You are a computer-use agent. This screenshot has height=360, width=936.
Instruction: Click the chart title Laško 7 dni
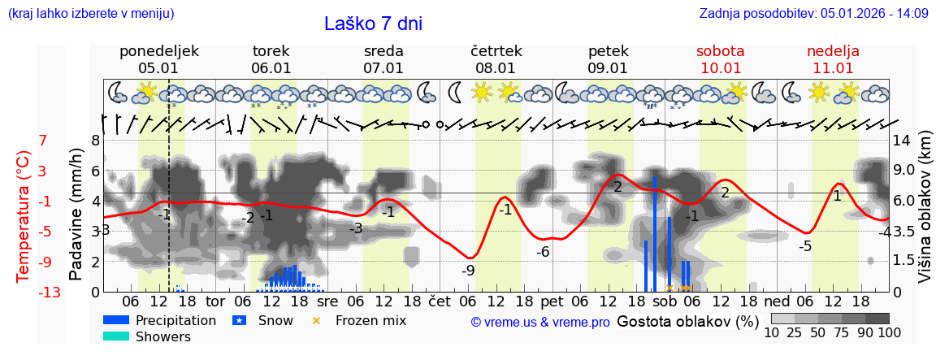(373, 24)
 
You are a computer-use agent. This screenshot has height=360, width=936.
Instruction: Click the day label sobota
(720, 51)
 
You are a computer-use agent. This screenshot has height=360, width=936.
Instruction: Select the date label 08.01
(496, 68)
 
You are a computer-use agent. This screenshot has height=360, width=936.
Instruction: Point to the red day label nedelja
(833, 51)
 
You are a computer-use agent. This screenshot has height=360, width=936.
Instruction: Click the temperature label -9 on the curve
(468, 271)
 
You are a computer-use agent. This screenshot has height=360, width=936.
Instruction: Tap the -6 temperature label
(543, 252)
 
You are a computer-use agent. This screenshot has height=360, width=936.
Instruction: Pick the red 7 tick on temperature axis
(42, 141)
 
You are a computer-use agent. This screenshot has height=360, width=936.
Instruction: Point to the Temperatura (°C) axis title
(24, 216)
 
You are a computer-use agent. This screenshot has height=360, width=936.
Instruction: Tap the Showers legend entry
(162, 336)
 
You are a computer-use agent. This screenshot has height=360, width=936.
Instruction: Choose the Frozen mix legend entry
(370, 320)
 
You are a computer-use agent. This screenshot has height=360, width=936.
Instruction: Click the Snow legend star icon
(239, 321)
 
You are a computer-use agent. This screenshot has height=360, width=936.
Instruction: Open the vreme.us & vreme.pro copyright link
(540, 322)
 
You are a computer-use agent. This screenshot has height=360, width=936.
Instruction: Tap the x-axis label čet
(439, 299)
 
